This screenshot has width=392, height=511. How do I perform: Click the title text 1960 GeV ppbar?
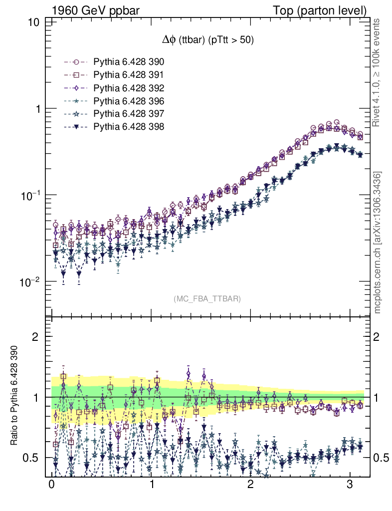(x=88, y=10)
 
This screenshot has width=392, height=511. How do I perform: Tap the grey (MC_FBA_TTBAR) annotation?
(x=207, y=299)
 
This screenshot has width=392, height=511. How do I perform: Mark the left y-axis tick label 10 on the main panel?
(x=34, y=23)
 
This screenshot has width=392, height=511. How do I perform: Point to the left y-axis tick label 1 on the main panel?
(x=37, y=109)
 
